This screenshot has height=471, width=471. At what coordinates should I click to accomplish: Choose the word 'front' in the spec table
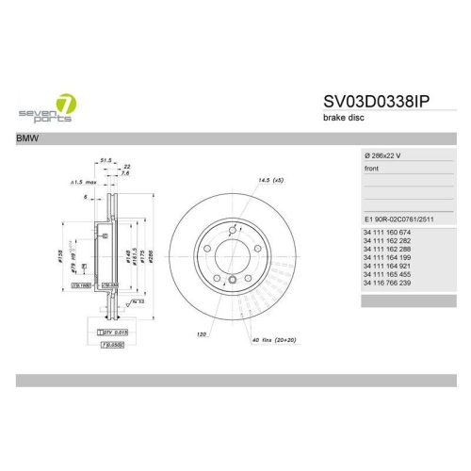(x=372, y=167)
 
